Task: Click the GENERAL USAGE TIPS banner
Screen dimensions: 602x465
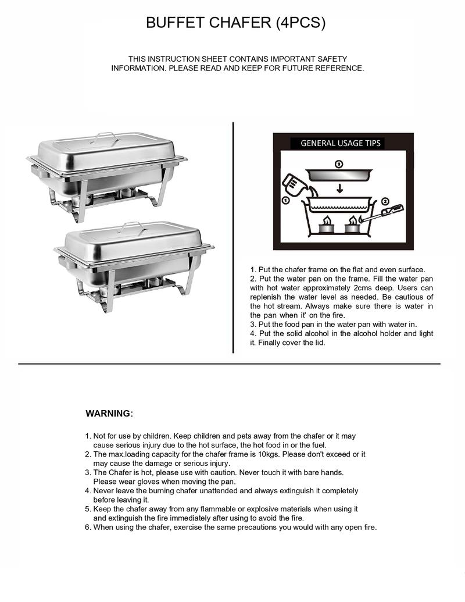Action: (x=341, y=143)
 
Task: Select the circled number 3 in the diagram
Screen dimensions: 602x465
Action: (x=338, y=165)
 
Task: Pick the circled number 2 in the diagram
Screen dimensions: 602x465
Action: (x=385, y=201)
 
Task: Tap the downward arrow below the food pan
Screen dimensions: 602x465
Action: (x=339, y=187)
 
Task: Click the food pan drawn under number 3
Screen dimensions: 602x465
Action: (x=338, y=175)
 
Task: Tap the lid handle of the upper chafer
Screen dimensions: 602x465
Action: (x=107, y=137)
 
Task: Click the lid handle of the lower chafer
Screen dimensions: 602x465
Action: (x=133, y=225)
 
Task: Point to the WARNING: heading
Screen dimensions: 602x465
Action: (x=109, y=414)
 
